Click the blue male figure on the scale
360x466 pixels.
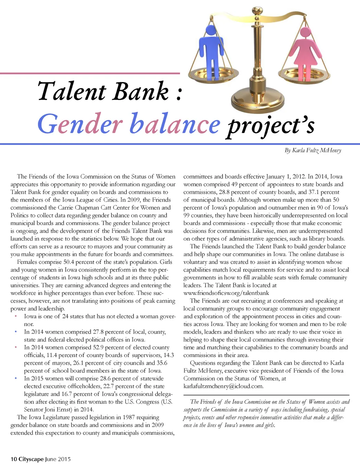click(211, 49)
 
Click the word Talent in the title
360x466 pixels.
click(72, 91)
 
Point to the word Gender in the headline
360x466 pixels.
click(80, 124)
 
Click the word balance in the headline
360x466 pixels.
click(175, 124)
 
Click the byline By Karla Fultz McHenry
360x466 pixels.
click(313, 151)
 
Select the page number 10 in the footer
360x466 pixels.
click(14, 459)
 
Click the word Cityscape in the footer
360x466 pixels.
click(31, 459)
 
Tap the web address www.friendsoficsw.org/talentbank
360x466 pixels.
click(226, 293)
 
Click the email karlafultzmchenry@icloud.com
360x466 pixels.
click(223, 386)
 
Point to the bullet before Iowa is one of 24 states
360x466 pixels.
click(16, 317)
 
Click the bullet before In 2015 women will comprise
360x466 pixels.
click(16, 378)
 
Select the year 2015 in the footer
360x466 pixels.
click(64, 459)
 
